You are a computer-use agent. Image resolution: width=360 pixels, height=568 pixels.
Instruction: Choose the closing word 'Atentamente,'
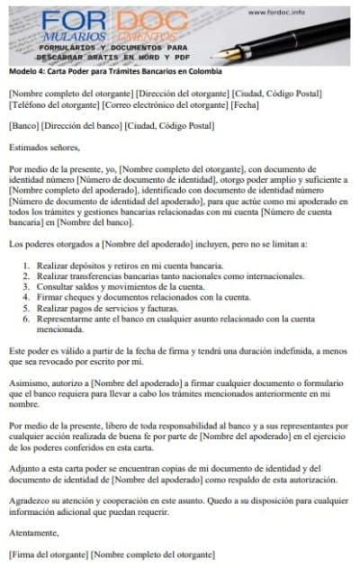click(x=35, y=533)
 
